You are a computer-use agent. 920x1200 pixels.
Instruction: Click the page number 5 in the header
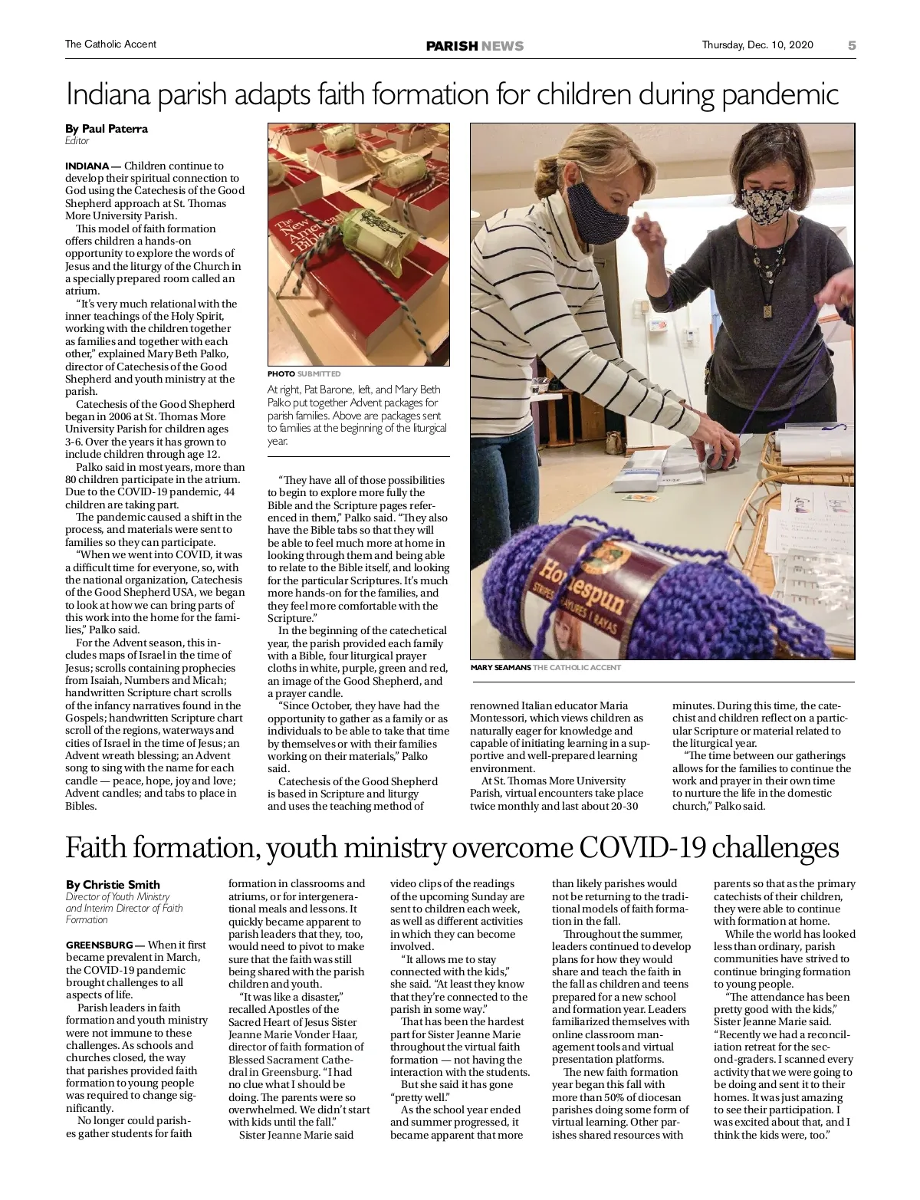pos(851,45)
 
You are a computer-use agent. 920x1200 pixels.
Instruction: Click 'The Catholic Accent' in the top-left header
pos(110,44)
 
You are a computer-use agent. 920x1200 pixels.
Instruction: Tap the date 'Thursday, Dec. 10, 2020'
pos(757,45)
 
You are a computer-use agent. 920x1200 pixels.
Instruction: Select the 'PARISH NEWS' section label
pos(475,46)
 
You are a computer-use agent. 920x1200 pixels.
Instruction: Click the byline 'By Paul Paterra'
pos(107,129)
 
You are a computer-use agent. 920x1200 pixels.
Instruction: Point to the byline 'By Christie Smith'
pos(113,884)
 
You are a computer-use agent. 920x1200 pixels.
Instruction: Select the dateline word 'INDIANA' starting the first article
pos(87,166)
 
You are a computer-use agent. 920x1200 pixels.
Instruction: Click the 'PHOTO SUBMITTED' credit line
pos(304,374)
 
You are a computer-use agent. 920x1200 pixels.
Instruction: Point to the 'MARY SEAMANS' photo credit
pos(501,668)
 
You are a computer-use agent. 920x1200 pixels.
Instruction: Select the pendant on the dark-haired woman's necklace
pos(767,312)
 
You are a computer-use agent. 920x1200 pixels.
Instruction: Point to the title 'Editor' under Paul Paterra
pos(77,141)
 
